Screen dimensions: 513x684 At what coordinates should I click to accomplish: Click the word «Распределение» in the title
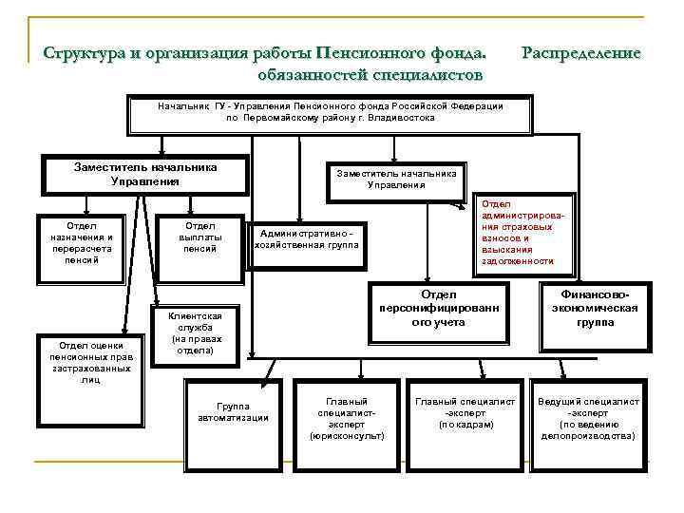coord(581,53)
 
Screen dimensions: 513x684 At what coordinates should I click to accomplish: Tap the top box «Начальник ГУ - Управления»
coord(330,112)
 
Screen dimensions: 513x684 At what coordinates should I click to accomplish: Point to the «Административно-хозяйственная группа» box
coord(306,238)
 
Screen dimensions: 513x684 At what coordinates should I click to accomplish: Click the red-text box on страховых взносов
coord(518,233)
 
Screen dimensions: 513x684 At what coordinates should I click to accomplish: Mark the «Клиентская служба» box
coord(196,333)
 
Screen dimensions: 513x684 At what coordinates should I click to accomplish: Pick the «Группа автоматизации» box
coord(233,411)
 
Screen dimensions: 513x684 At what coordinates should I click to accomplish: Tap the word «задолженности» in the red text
coord(518,261)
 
